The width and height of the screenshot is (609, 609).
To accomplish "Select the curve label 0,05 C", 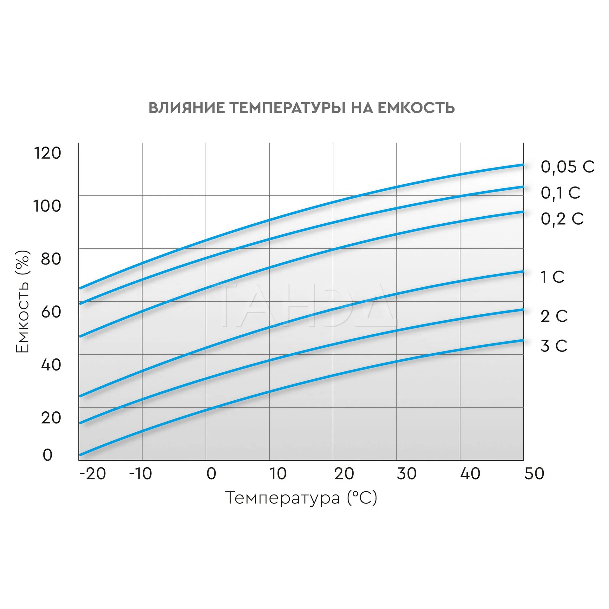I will pos(567,167).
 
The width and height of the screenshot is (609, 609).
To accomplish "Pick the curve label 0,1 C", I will pos(560,193).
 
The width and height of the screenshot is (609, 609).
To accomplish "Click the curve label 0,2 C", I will pos(562,219).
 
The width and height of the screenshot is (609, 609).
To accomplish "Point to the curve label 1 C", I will pos(552,277).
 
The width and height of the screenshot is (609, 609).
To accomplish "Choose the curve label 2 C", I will pos(554,316).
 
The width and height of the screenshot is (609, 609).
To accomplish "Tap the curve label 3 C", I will pos(553,346).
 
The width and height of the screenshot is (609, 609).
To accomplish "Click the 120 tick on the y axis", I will pos(47,153).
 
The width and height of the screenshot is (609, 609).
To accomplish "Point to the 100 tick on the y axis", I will pos(47,206).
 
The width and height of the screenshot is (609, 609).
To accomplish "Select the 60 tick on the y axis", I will pos(51,312).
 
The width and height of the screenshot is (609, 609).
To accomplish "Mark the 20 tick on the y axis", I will pos(51,418).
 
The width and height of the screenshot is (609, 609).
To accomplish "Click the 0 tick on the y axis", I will pos(47,455).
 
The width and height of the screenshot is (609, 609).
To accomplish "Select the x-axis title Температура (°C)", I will pos(301,498).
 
